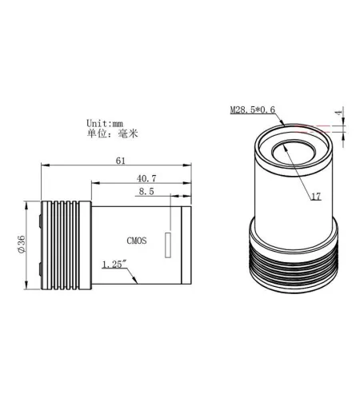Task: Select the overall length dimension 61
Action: [120, 161]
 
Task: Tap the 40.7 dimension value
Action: [146, 177]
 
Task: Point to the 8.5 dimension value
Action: [146, 192]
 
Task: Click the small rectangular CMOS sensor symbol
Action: [169, 245]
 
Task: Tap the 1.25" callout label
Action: [114, 265]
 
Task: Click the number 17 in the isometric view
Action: [315, 196]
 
